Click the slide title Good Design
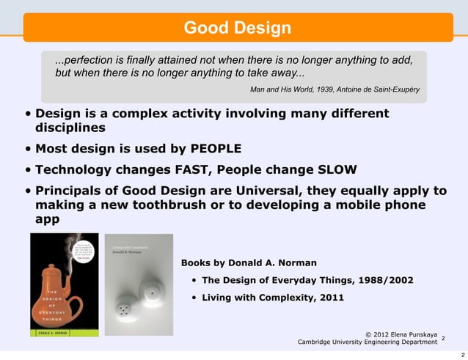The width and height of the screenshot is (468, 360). pyautogui.click(x=237, y=29)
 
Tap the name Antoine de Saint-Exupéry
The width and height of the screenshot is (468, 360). pyautogui.click(x=379, y=89)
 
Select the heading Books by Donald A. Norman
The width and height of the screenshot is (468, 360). pyautogui.click(x=249, y=262)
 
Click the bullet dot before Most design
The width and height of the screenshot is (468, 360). pyautogui.click(x=28, y=150)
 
